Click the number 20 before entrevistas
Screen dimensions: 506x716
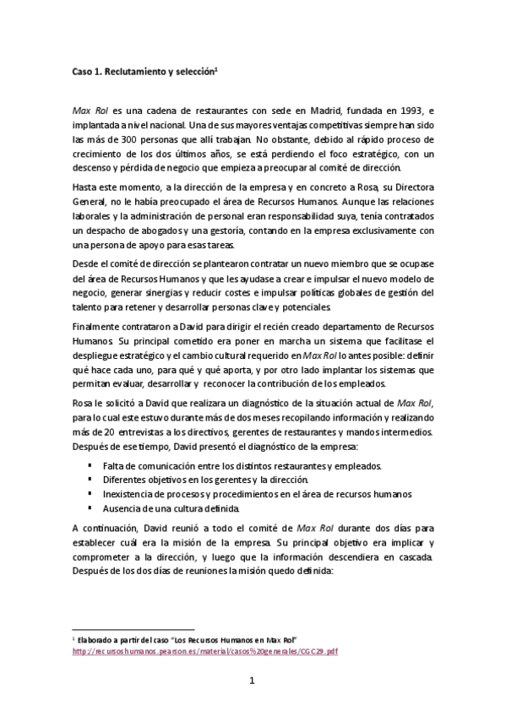[x=104, y=431]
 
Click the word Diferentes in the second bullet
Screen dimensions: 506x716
[x=125, y=480]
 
